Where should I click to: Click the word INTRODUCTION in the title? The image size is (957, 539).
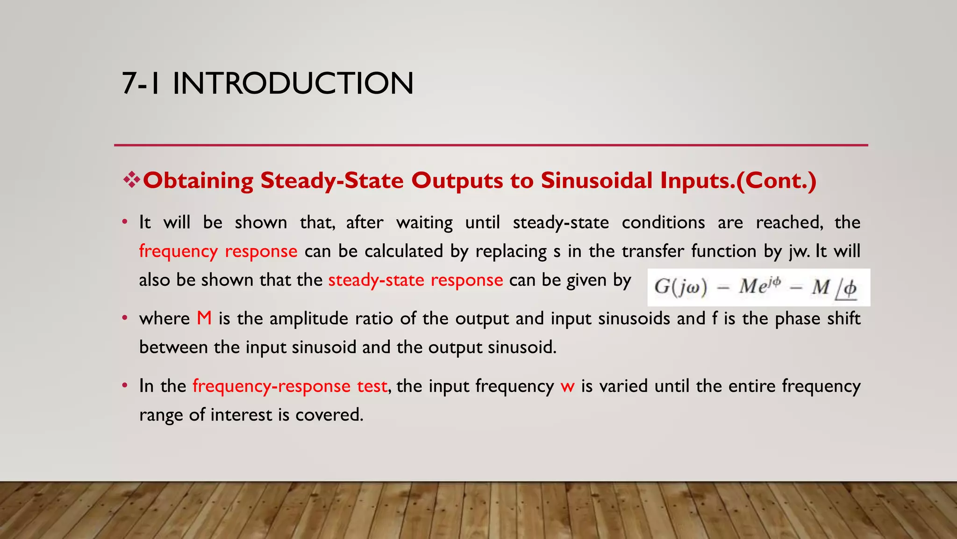tap(293, 84)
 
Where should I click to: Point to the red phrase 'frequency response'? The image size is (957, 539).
tap(218, 251)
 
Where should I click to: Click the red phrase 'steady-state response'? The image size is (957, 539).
tap(415, 280)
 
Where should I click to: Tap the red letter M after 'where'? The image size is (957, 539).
tap(204, 319)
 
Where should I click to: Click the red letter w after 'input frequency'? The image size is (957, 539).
tap(567, 386)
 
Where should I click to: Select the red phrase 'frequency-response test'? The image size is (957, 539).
tap(290, 386)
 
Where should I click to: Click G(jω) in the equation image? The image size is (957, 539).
tap(680, 286)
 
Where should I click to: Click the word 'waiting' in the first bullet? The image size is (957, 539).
tap(424, 222)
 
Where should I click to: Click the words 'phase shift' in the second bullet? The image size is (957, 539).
tap(818, 319)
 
